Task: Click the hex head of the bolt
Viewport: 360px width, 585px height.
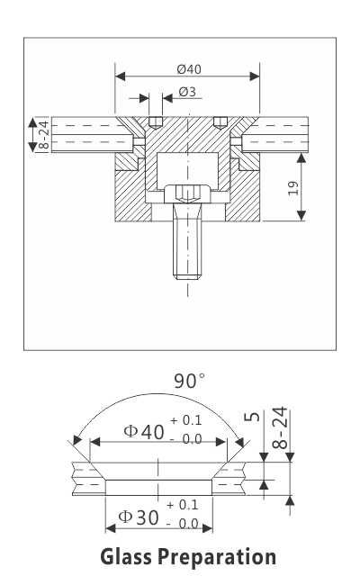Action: (x=187, y=193)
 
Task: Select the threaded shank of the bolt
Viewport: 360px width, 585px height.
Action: (x=187, y=253)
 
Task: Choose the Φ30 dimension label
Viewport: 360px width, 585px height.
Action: (x=139, y=517)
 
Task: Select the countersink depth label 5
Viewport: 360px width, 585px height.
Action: (x=253, y=417)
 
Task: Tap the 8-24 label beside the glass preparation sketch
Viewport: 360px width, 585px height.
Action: (x=281, y=428)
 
